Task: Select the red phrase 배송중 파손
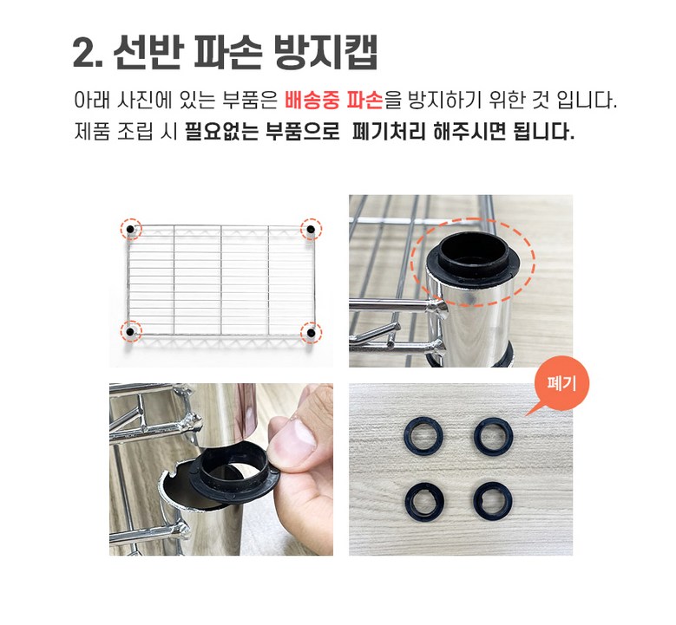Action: (334, 100)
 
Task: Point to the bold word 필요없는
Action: (221, 132)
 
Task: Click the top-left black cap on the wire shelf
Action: (130, 230)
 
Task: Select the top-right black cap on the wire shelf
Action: (311, 229)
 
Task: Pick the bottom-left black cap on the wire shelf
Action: (129, 331)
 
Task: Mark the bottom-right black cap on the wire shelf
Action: (311, 332)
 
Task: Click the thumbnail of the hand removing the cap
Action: (221, 470)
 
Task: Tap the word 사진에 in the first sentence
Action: (144, 100)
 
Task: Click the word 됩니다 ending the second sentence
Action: (543, 132)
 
